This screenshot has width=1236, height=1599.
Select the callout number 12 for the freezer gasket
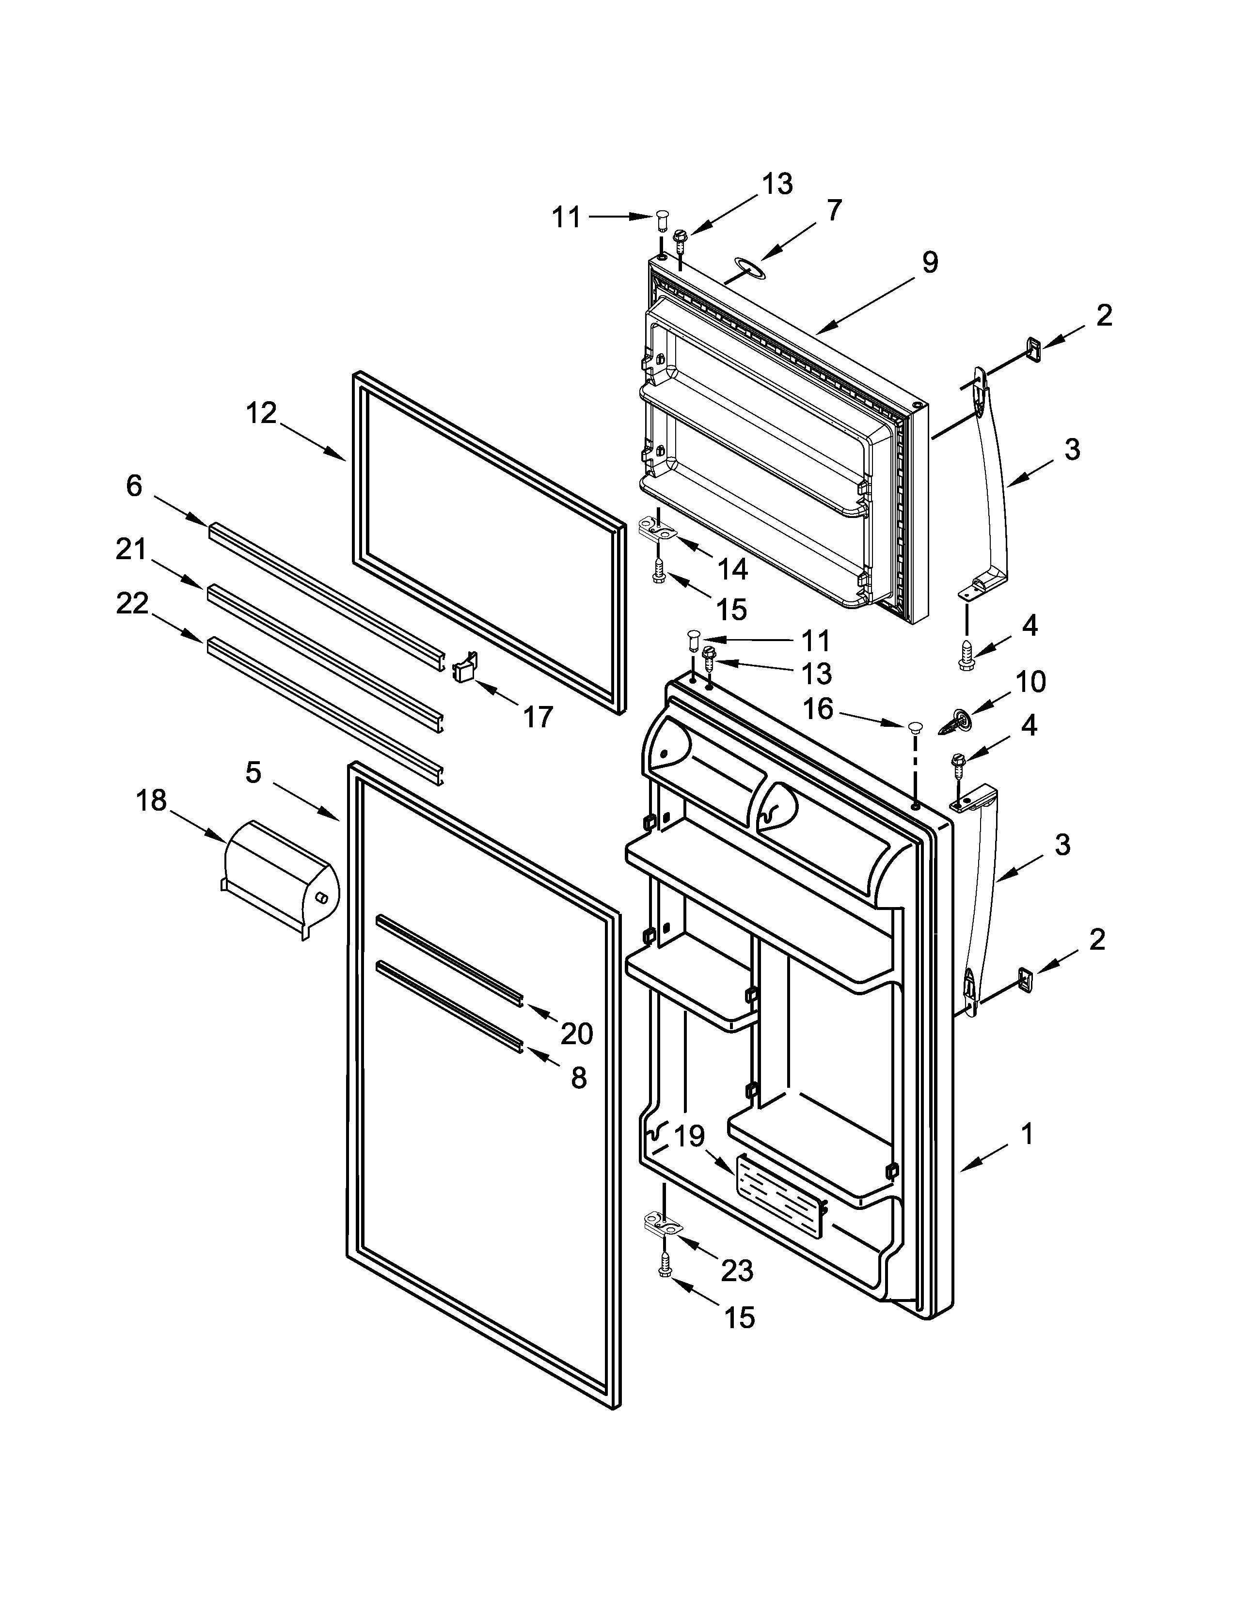tap(261, 414)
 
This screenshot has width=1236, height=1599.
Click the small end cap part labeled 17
tap(465, 668)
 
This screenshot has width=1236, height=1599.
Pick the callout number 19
tap(688, 1136)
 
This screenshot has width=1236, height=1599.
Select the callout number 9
tap(929, 262)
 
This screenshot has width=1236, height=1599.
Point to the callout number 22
tap(132, 604)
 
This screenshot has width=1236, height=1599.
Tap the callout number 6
tap(134, 486)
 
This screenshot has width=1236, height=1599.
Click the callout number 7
tap(834, 210)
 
